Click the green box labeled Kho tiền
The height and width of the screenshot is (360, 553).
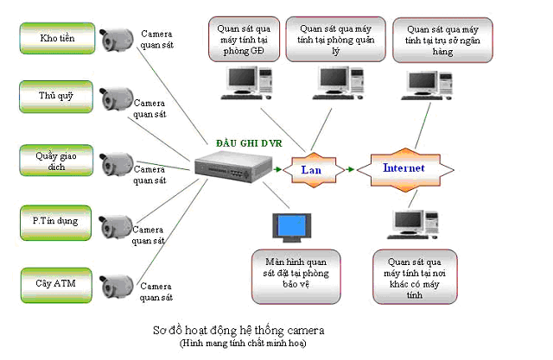[57, 38]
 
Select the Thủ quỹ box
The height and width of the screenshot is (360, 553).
[57, 96]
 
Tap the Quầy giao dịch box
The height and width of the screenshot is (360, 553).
[57, 161]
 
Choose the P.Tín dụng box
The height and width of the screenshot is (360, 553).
[57, 221]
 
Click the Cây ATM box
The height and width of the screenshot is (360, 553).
[57, 282]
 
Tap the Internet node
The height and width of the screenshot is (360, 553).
[403, 167]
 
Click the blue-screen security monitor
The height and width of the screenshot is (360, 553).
[290, 226]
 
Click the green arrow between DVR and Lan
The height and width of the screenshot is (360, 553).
[276, 170]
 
